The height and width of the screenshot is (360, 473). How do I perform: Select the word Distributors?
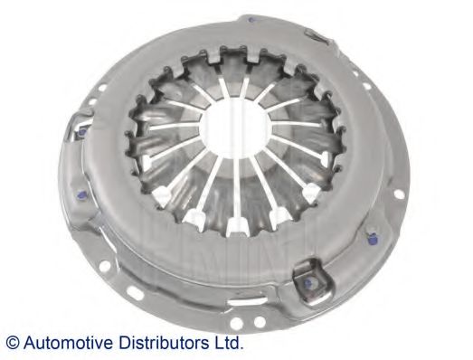tap(161, 343)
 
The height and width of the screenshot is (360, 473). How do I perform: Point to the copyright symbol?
tap(12, 343)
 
